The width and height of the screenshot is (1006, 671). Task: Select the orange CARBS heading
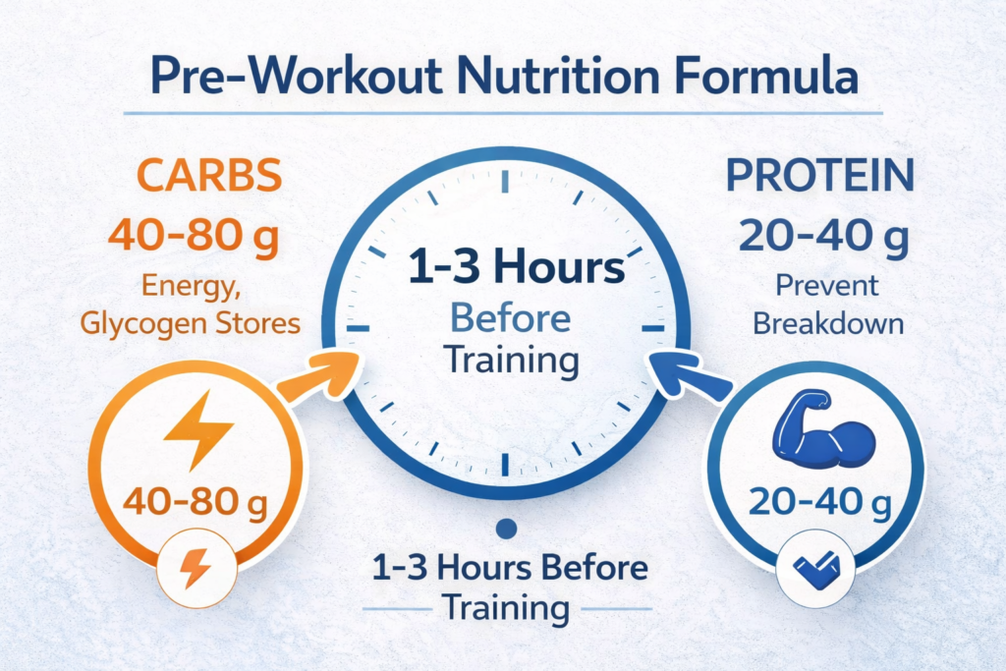coord(209,175)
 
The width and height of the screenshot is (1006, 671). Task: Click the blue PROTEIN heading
coord(820,175)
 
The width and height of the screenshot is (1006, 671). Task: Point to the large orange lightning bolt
coord(197,429)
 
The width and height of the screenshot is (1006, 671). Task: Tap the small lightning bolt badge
coord(196,568)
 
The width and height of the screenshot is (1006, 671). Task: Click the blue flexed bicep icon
coord(822,428)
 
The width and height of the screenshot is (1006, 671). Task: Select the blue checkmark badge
coord(815,569)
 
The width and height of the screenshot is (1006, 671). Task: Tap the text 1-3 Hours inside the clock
coord(516,267)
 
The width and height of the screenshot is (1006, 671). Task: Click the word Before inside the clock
coord(511,318)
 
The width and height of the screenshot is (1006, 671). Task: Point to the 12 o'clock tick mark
coord(506,181)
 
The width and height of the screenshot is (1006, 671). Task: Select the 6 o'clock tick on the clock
coord(506,465)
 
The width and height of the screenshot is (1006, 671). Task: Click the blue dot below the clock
coord(507,529)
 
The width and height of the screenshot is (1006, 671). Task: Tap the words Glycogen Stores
coord(191,324)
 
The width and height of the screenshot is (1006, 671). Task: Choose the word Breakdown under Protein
coord(828,323)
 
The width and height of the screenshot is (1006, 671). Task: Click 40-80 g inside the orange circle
coord(196,502)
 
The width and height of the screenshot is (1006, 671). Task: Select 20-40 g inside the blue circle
coord(820,502)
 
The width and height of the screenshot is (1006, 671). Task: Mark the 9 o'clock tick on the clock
coord(358,328)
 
